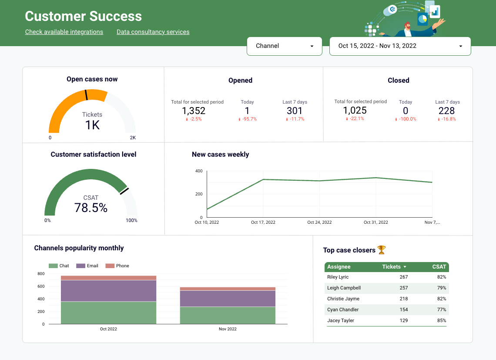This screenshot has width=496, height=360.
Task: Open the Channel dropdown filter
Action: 284,46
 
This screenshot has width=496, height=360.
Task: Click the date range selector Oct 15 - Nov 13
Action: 400,46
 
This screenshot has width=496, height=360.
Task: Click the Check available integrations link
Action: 64,32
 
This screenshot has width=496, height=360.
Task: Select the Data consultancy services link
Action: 153,32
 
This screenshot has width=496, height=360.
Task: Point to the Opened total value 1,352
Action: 194,111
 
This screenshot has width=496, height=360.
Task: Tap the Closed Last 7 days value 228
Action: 447,111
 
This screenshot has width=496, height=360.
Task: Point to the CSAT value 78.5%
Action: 91,208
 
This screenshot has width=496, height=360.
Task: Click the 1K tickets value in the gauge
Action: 92,125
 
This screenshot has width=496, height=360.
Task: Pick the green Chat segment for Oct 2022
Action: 108,313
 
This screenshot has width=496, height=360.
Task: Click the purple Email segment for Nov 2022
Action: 228,299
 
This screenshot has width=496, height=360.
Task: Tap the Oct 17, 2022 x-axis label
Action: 263,222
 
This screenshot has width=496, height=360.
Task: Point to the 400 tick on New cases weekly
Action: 198,171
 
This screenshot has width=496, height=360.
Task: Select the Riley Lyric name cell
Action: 338,277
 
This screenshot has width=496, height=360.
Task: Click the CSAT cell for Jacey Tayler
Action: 442,321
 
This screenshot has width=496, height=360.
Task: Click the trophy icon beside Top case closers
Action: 382,250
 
